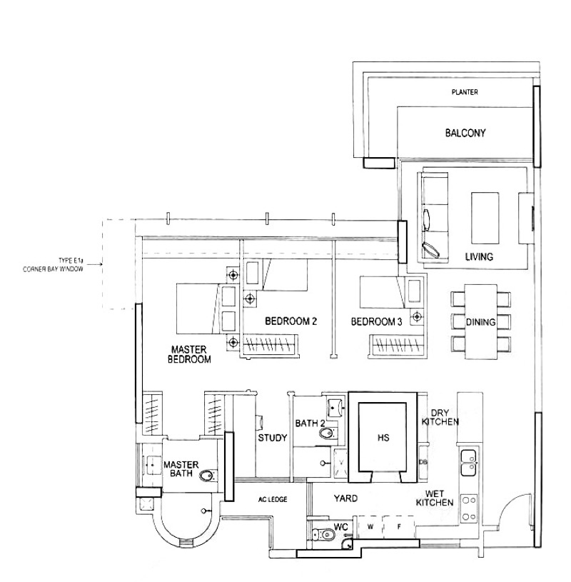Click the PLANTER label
pos(465,91)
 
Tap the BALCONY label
pos(465,133)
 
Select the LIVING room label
pos(479,256)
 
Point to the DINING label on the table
pos(481,322)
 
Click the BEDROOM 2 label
pos(291,321)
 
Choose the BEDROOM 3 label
pos(376,321)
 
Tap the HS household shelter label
pos(383,438)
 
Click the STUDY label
pos(273,438)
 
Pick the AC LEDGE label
pos(273,500)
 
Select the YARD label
pos(345,498)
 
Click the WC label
pos(340,527)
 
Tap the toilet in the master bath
pos(208,476)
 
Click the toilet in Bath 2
pos(327,433)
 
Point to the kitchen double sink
pos(469,463)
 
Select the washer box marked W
pos(370,527)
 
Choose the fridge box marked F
pos(399,527)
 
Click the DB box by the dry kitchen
pos(423,462)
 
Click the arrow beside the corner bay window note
pos(96,265)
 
